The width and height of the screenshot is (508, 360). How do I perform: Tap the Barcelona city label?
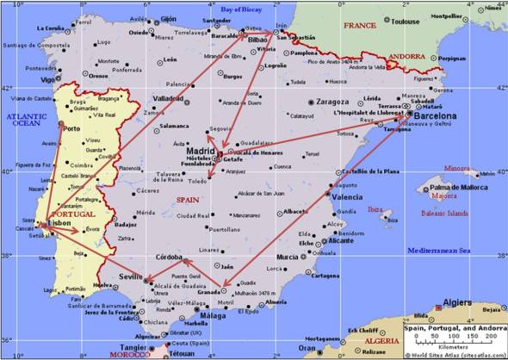click(x=437, y=115)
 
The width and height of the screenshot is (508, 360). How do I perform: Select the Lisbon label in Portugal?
click(x=60, y=221)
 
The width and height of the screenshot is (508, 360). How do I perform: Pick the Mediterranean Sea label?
click(x=440, y=251)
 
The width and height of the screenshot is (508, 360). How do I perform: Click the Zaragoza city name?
click(x=332, y=102)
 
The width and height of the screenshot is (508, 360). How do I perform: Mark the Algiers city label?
click(x=456, y=303)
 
